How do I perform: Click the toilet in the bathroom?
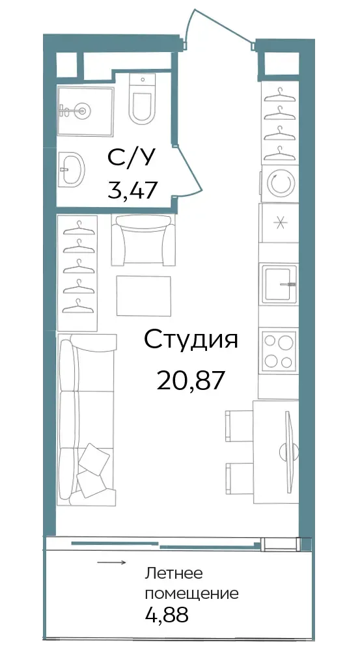[141, 99]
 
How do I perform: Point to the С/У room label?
[132, 158]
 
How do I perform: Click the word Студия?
[191, 340]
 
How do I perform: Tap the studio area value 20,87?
[191, 380]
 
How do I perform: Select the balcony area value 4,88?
[167, 614]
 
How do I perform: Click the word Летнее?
[174, 574]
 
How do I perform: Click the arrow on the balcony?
[112, 563]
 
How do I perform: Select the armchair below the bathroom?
[143, 239]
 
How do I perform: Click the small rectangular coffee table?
[144, 296]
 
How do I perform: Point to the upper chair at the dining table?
[240, 426]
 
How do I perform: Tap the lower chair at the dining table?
[240, 479]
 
